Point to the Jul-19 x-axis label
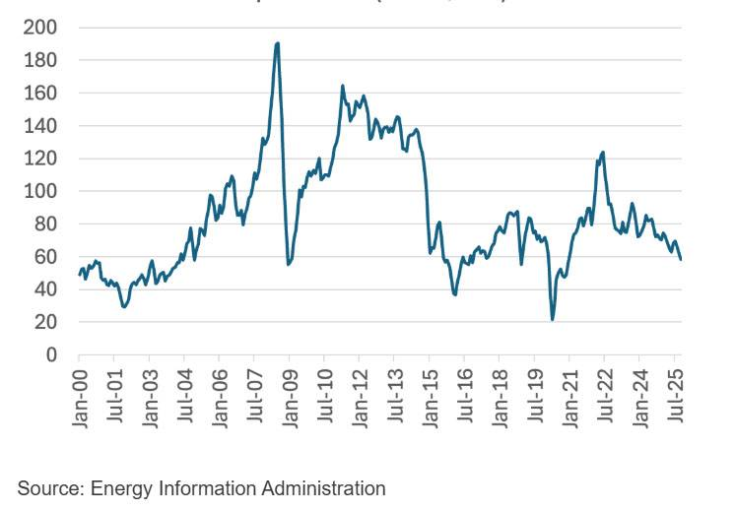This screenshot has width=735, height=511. (535, 398)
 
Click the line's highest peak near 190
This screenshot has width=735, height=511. (278, 43)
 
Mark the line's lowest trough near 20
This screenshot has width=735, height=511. (553, 319)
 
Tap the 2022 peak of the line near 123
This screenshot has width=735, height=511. (602, 153)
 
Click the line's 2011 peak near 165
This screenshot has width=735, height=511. (342, 86)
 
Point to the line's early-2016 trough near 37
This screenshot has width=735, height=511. (455, 293)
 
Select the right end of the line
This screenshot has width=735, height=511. (682, 259)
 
